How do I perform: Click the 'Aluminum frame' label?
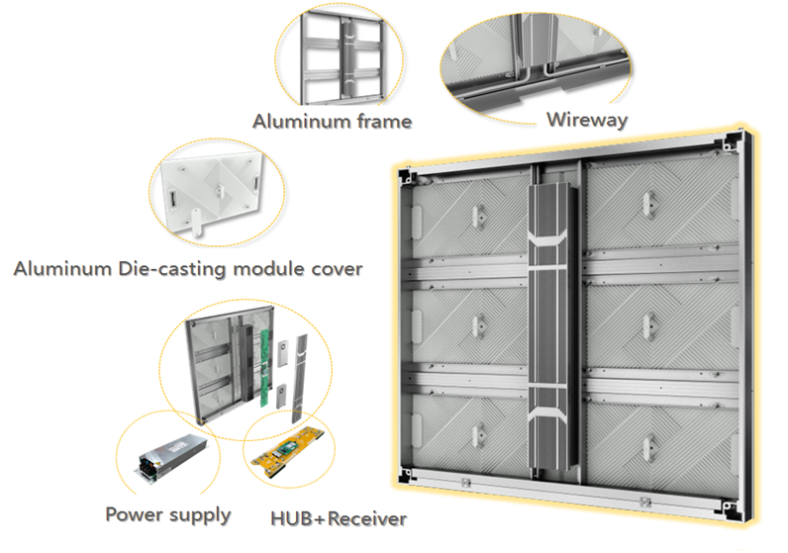[332, 122]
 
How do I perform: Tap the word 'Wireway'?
[587, 120]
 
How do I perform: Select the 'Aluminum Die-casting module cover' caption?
[188, 268]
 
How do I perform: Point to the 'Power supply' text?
[168, 514]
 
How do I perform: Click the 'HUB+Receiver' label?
[339, 517]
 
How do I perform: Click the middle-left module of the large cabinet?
[471, 325]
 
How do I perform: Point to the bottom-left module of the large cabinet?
[473, 435]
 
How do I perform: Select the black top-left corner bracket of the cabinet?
[407, 176]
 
